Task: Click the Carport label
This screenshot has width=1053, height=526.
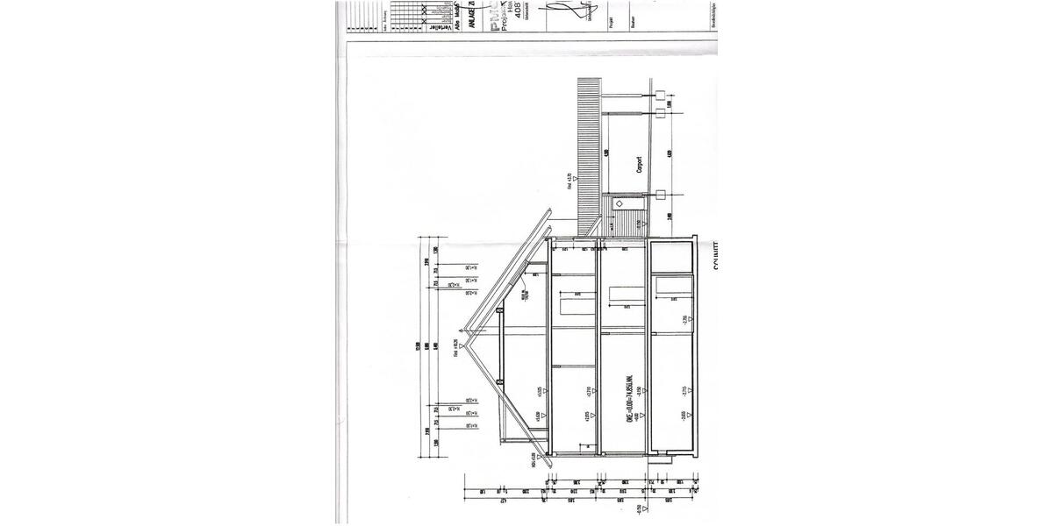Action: tap(640, 164)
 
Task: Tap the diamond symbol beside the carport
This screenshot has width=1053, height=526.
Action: tap(618, 203)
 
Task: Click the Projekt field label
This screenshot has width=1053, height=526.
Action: tap(609, 25)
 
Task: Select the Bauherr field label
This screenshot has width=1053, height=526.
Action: tap(634, 25)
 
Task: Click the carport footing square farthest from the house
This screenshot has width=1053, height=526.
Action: tap(662, 93)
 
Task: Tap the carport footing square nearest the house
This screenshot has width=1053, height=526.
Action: tap(662, 195)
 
